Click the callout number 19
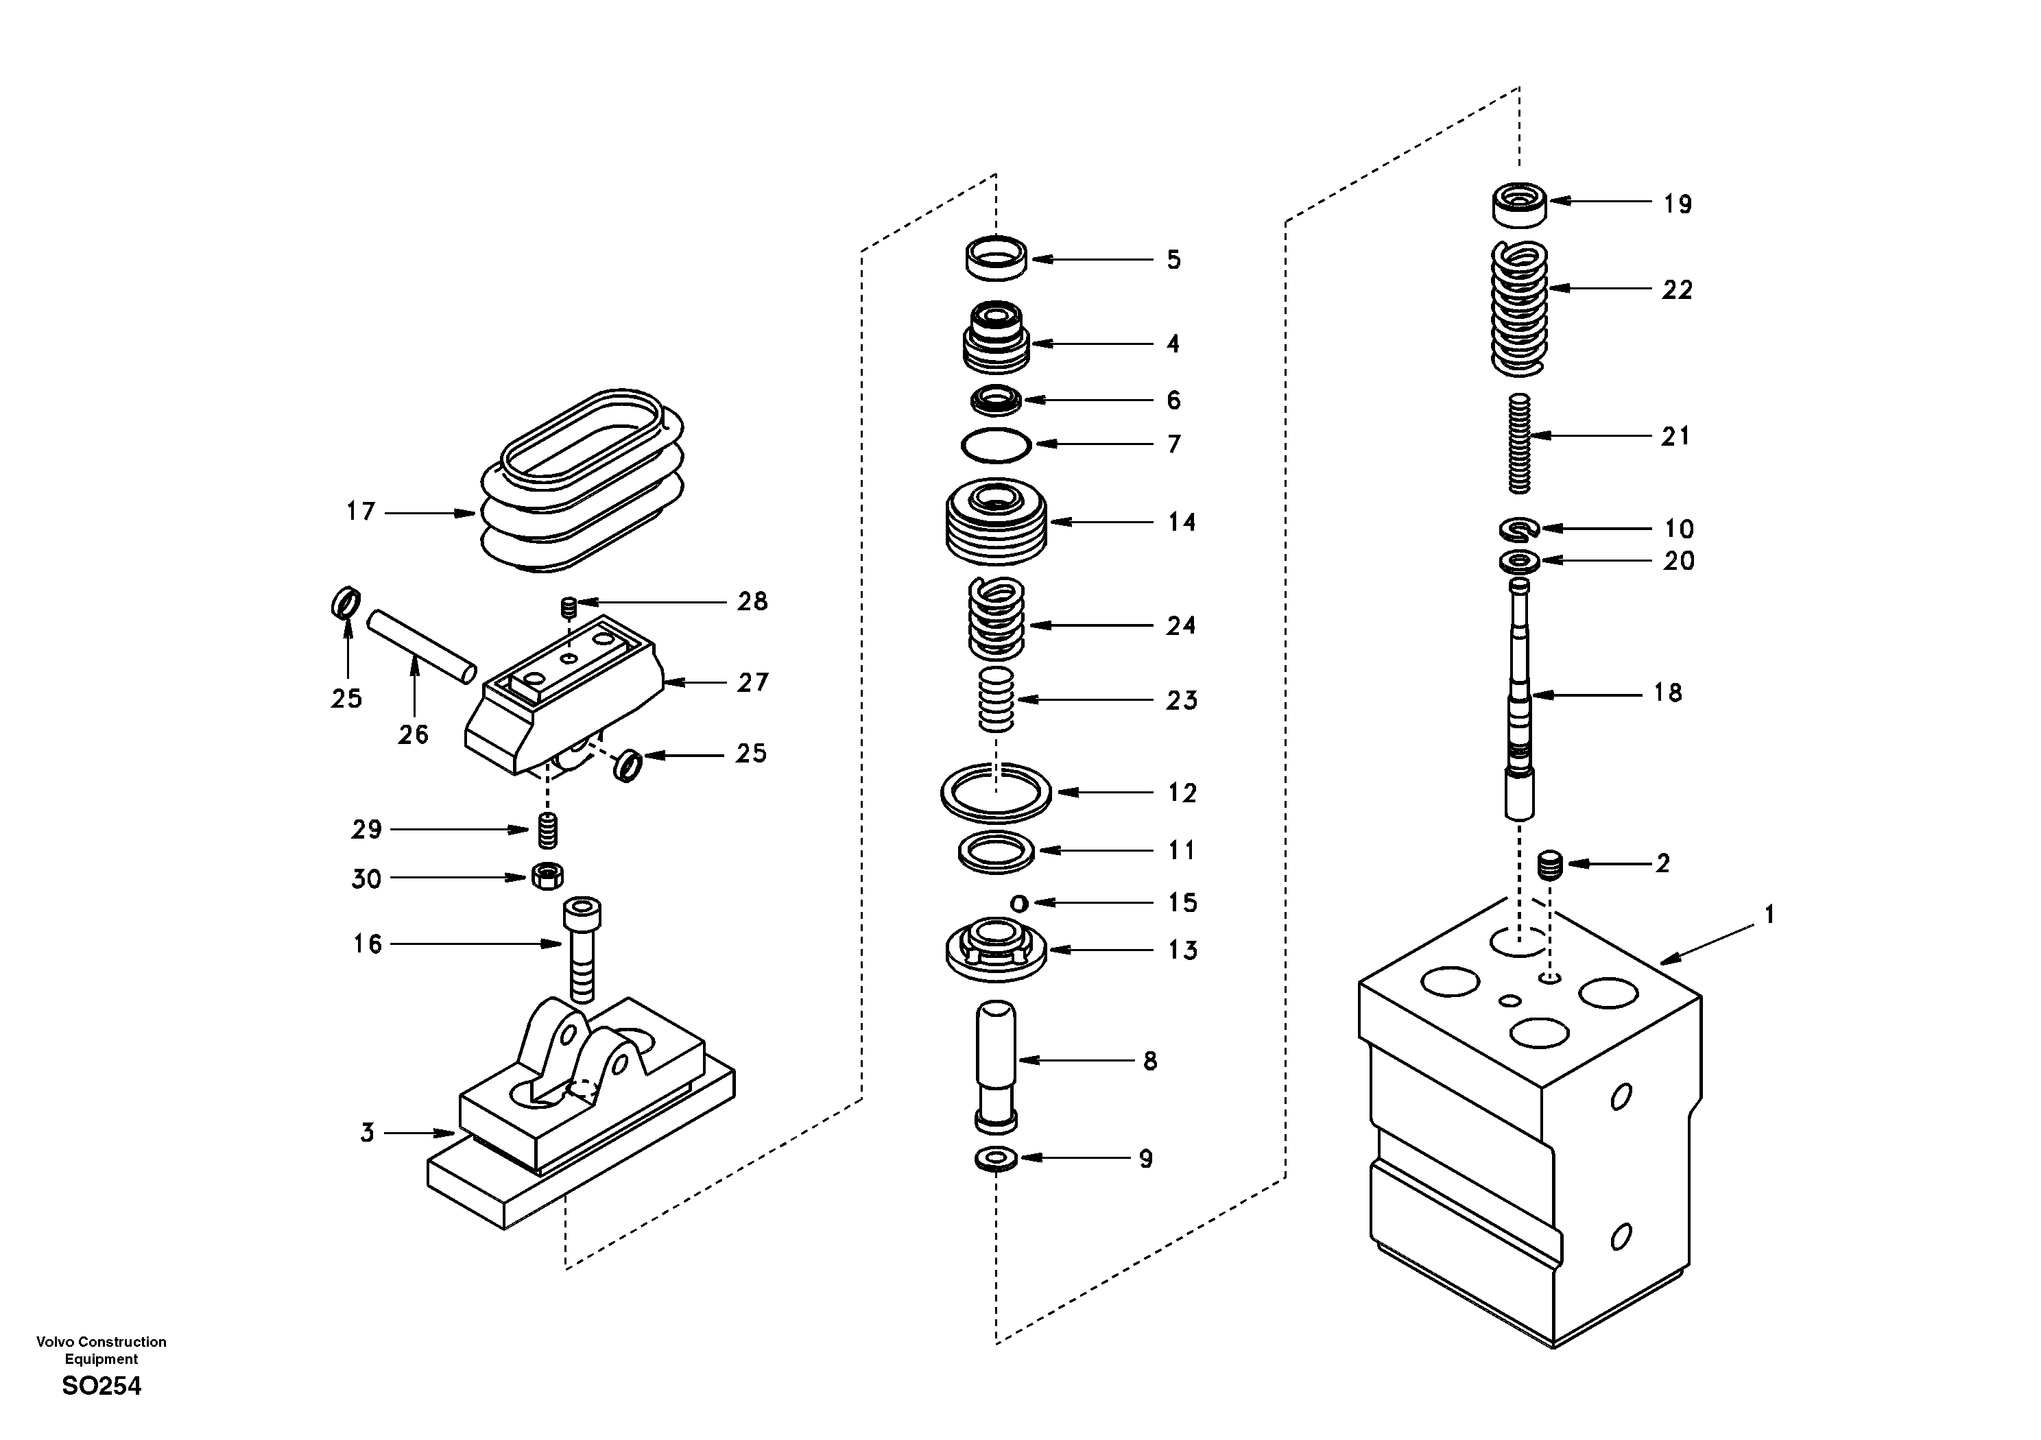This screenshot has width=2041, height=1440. coord(1678,204)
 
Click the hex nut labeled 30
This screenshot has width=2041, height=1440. coord(547,876)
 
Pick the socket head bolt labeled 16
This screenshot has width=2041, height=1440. coord(582,947)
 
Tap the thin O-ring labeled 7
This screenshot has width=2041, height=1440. coord(996,444)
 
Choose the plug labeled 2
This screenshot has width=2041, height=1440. coord(1549,864)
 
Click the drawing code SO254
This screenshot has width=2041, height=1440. coord(102,1386)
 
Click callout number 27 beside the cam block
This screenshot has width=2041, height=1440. coord(752,683)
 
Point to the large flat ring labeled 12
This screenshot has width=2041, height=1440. coord(996,791)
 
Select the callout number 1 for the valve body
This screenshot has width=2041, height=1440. coord(1769,914)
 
